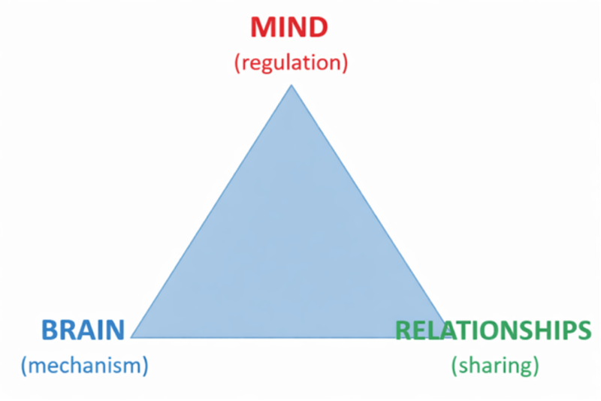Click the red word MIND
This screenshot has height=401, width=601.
click(x=289, y=28)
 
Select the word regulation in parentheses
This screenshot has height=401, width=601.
click(x=291, y=63)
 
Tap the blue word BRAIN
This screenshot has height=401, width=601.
click(x=83, y=330)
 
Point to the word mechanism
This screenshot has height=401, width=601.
click(x=85, y=366)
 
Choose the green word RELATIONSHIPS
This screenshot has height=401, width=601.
click(x=493, y=330)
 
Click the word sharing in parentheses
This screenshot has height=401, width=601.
click(x=495, y=366)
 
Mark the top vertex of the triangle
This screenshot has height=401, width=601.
click(x=291, y=86)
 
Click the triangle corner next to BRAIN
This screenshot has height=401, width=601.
click(x=132, y=337)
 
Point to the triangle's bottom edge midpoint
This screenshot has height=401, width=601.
click(x=291, y=337)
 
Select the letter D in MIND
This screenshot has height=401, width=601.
click(x=318, y=28)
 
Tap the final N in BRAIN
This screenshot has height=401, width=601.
click(x=115, y=330)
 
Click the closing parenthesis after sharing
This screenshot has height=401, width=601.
click(x=536, y=366)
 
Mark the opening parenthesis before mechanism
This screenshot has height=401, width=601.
click(x=25, y=366)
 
